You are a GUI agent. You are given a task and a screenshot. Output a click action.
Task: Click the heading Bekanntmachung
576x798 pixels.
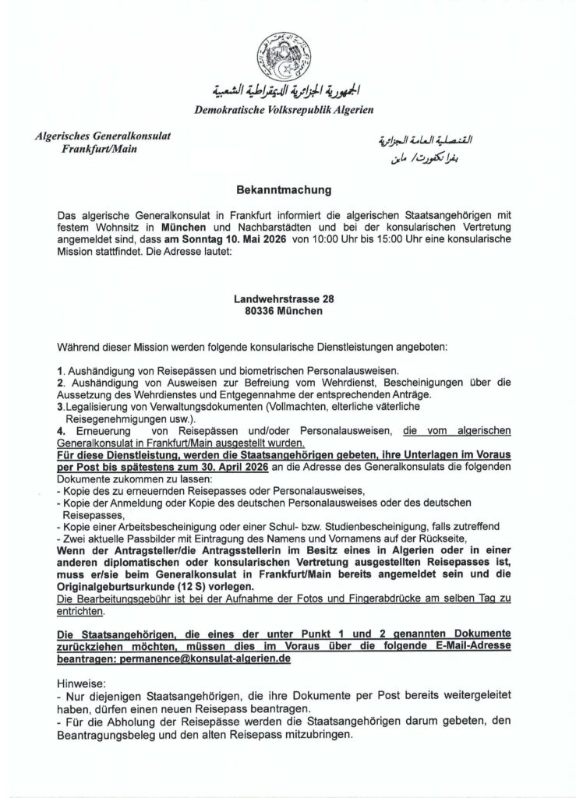288,189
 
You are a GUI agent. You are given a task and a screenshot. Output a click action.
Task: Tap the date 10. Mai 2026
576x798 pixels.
250,240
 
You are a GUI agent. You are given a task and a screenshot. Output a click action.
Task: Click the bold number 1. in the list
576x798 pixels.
62,370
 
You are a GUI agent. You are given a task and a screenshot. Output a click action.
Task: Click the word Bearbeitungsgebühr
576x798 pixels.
116,598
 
